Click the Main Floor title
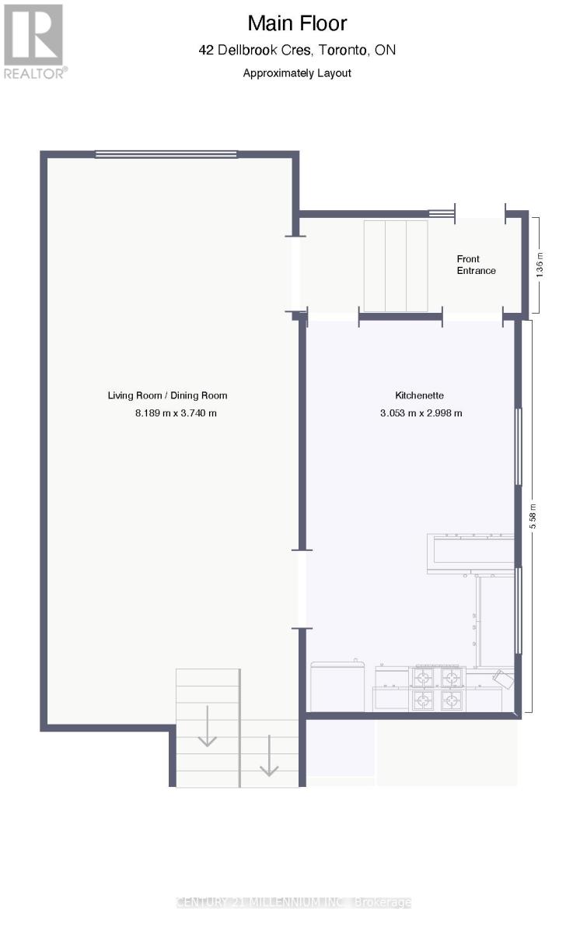[297, 23]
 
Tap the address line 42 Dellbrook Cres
[297, 51]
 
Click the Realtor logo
[33, 40]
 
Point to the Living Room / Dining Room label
[167, 395]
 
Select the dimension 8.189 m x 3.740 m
[176, 413]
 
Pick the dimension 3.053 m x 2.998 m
[421, 413]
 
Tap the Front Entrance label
[476, 265]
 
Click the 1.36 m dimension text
[540, 265]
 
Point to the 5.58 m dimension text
[533, 517]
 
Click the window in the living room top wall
[166, 154]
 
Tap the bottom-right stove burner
[452, 700]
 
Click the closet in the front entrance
[396, 265]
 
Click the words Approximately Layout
[297, 73]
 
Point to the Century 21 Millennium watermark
[294, 903]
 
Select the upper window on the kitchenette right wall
[518, 447]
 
